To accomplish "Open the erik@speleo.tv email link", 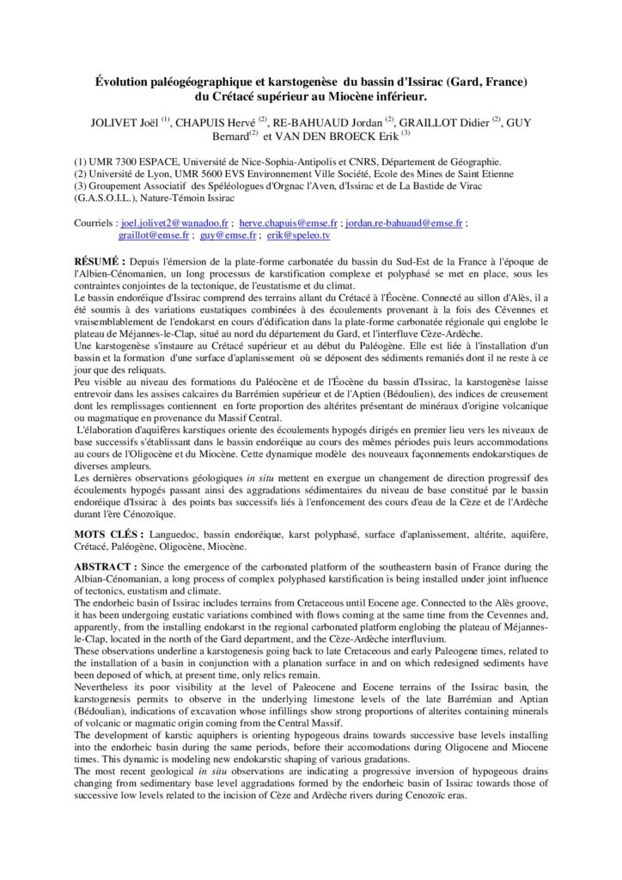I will (x=298, y=235).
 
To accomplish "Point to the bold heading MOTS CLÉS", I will (x=106, y=534).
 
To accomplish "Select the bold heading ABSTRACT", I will (x=106, y=567).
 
